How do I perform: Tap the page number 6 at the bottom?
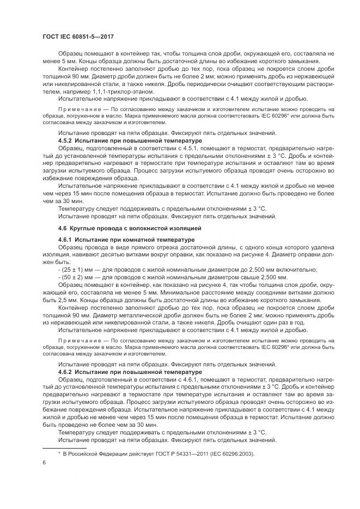point(44,463)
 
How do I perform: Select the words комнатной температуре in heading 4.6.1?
point(155,240)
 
